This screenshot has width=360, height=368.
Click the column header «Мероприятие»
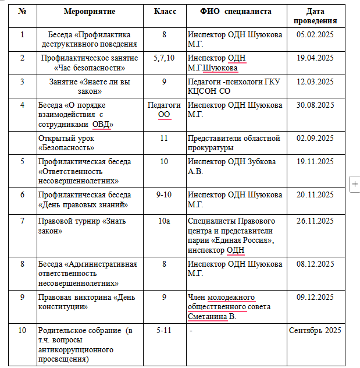click(89, 11)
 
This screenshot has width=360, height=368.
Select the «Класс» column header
click(165, 11)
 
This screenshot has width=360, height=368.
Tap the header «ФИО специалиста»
click(235, 11)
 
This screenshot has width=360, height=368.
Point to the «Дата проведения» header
click(315, 16)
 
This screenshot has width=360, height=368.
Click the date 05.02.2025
click(315, 34)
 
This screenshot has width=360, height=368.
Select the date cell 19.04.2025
click(315, 58)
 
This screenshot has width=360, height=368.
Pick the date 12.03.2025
click(315, 82)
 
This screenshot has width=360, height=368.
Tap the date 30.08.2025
click(315, 105)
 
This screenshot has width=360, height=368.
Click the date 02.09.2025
click(315, 139)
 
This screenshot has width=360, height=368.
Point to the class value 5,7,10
click(165, 58)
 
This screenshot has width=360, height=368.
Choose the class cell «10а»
click(165, 221)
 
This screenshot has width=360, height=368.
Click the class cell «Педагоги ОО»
click(165, 110)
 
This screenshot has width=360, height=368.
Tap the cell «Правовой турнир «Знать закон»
click(81, 225)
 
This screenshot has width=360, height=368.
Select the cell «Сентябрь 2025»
click(315, 330)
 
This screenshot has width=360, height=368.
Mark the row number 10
click(23, 330)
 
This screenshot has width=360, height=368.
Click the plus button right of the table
click(355, 183)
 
